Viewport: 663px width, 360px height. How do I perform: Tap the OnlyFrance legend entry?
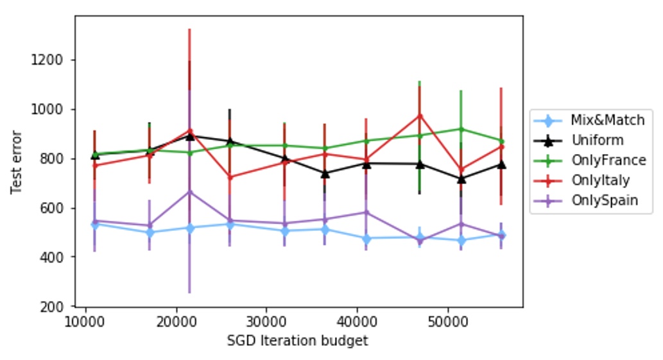[x=608, y=160]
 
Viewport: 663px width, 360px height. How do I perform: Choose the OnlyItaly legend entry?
[x=599, y=180]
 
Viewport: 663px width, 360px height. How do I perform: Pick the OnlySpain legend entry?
[x=604, y=200]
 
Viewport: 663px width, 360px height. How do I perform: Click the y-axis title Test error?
[x=16, y=162]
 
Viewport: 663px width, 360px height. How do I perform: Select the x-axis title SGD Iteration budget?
[x=298, y=341]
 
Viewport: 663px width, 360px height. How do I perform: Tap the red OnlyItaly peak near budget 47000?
[x=420, y=116]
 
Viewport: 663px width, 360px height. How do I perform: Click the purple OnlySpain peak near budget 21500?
[x=189, y=191]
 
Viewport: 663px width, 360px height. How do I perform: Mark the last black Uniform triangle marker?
[x=501, y=164]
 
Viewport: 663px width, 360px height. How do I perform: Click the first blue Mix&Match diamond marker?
[x=95, y=225]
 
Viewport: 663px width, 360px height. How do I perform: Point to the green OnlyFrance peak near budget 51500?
[x=461, y=129]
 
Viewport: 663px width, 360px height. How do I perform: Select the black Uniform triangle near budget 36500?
[x=325, y=173]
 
